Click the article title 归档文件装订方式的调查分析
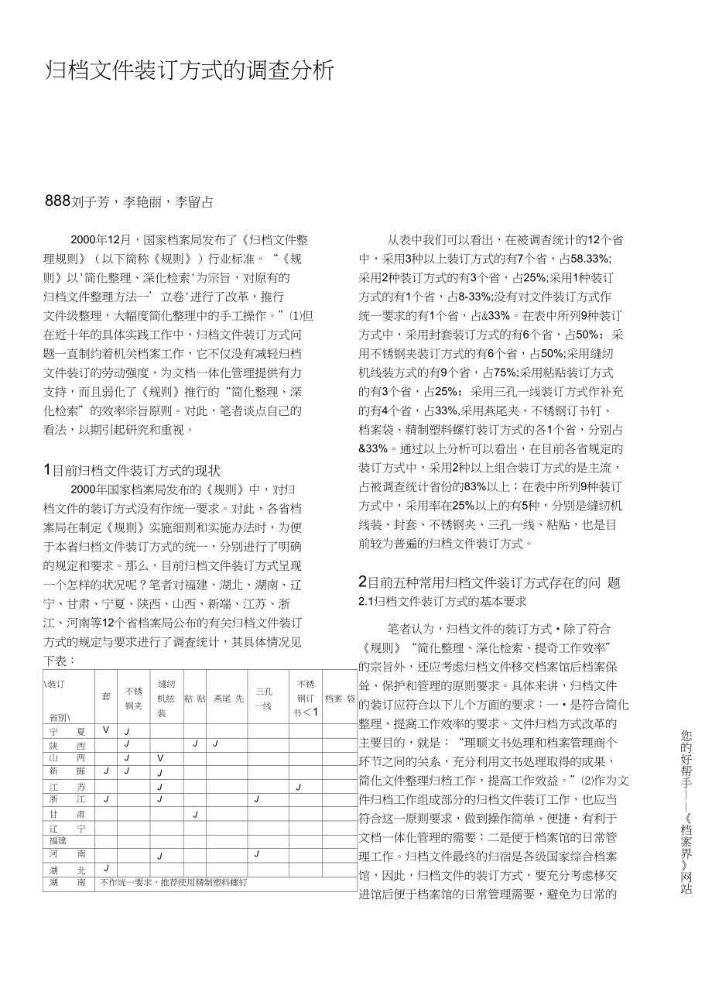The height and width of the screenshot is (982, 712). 190,71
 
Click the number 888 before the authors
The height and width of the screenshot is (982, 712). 58,202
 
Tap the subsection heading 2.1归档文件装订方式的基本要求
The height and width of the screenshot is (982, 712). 443,600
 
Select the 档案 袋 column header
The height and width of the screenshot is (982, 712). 340,698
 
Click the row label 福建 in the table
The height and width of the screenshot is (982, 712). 58,840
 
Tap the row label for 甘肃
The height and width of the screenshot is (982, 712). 65,814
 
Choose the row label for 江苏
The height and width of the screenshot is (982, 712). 65,786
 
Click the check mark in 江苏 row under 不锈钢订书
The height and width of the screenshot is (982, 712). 298,787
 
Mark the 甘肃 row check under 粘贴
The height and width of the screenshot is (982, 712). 196,814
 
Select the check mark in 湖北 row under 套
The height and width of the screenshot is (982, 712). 106,869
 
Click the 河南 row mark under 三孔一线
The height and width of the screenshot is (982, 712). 256,854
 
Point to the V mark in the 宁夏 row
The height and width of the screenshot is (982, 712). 106,730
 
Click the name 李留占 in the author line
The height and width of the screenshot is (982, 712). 194,203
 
